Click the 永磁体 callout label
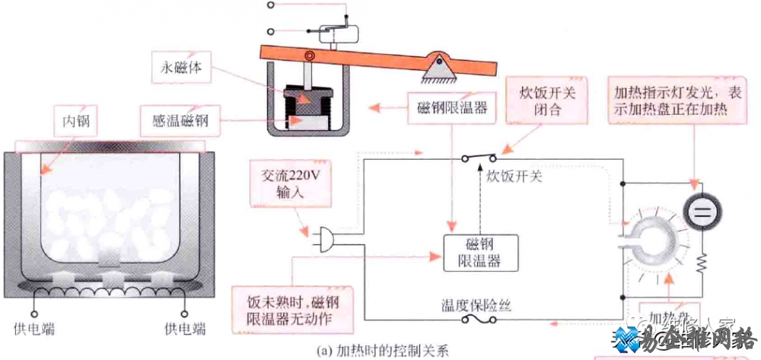coord(183,65)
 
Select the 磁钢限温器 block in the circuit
coord(481,252)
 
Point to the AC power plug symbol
coord(324,240)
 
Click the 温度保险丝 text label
coord(476,306)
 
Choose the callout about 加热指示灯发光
coord(672,101)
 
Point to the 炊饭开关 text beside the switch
coord(514,177)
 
